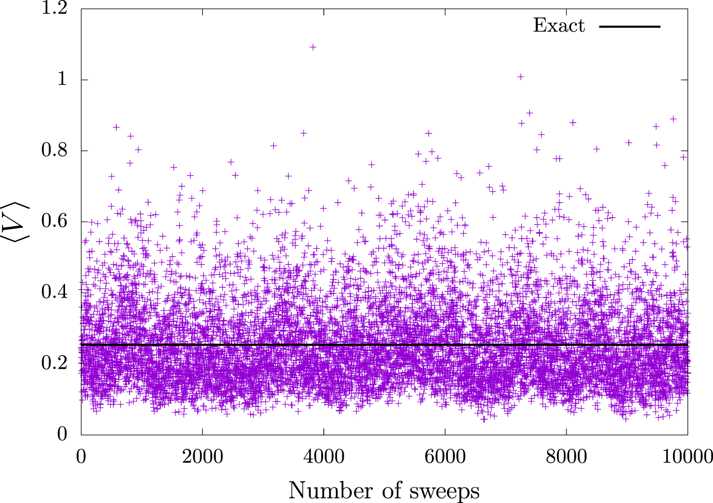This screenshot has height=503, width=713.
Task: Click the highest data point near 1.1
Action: point(313,47)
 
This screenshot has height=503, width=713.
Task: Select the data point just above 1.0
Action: point(520,77)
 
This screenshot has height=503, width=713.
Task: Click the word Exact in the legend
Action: point(558,26)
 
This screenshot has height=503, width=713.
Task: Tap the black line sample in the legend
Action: point(630,26)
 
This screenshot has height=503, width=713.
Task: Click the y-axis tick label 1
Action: point(62,80)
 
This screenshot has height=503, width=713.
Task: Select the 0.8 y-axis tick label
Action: point(55,150)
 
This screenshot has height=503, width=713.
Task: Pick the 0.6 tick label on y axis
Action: point(55,221)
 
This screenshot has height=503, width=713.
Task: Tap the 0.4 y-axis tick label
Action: point(55,292)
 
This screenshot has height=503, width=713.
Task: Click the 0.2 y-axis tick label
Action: point(55,362)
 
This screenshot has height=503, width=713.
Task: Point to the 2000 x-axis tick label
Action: point(202,456)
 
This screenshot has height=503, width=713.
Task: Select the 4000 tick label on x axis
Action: point(324,456)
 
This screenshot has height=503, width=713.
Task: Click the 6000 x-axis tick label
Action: point(445,456)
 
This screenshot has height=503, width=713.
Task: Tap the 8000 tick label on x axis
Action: point(566,456)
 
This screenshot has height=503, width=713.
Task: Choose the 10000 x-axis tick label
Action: point(687,456)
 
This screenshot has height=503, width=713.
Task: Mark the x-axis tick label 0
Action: point(81,456)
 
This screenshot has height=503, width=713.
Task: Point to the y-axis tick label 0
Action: point(62,433)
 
